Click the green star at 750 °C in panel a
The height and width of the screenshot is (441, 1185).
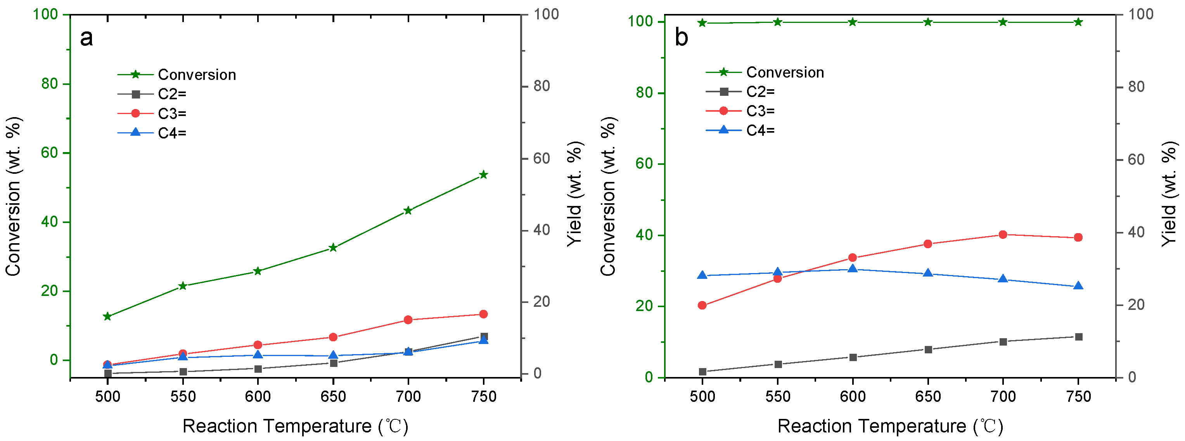click(483, 175)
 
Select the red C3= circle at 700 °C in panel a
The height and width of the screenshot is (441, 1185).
click(408, 320)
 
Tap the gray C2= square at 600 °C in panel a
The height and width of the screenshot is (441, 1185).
click(258, 369)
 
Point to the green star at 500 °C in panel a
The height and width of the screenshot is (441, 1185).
click(108, 316)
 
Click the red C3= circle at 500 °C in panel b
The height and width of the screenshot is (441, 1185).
click(702, 305)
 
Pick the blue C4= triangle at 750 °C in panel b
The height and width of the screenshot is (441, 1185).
click(1078, 286)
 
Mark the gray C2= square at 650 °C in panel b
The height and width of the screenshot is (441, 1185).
click(928, 349)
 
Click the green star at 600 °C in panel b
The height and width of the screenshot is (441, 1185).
click(853, 22)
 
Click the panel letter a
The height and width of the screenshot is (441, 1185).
click(86, 38)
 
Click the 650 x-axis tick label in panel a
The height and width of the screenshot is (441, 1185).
click(333, 396)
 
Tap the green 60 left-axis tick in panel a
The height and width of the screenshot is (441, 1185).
click(49, 153)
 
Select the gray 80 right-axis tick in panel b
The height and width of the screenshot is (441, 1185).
click(1136, 86)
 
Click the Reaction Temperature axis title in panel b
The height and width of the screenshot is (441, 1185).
click(890, 426)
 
